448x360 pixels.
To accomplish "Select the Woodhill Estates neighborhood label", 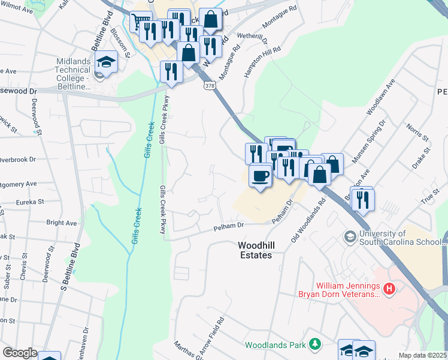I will tap(255, 250).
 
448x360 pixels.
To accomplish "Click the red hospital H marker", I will tap(390, 290).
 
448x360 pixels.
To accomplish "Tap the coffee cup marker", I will tap(260, 175).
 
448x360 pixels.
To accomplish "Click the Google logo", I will tap(20, 353).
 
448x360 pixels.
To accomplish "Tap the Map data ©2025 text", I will tap(423, 355).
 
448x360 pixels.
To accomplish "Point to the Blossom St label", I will tap(125, 43).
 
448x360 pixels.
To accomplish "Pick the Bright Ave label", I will tap(62, 223).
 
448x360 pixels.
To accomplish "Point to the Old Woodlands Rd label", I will tap(308, 221).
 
